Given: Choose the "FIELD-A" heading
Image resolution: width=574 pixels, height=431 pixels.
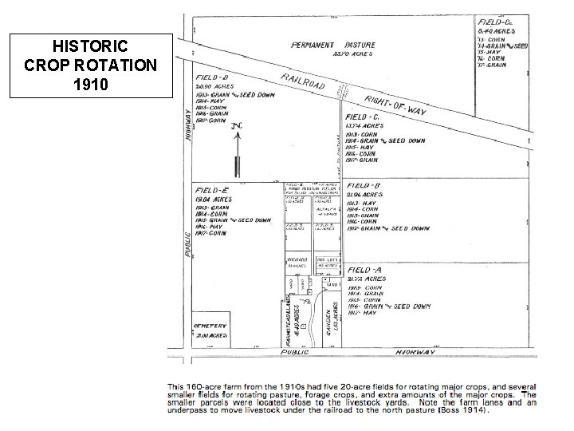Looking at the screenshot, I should pos(365,271).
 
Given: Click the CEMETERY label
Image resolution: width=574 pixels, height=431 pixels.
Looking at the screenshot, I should pos(210,326).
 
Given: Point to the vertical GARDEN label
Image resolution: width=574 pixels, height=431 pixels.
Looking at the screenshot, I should pos(329,323).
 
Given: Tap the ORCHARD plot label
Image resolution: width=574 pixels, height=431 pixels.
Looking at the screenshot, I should pos(297,259).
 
